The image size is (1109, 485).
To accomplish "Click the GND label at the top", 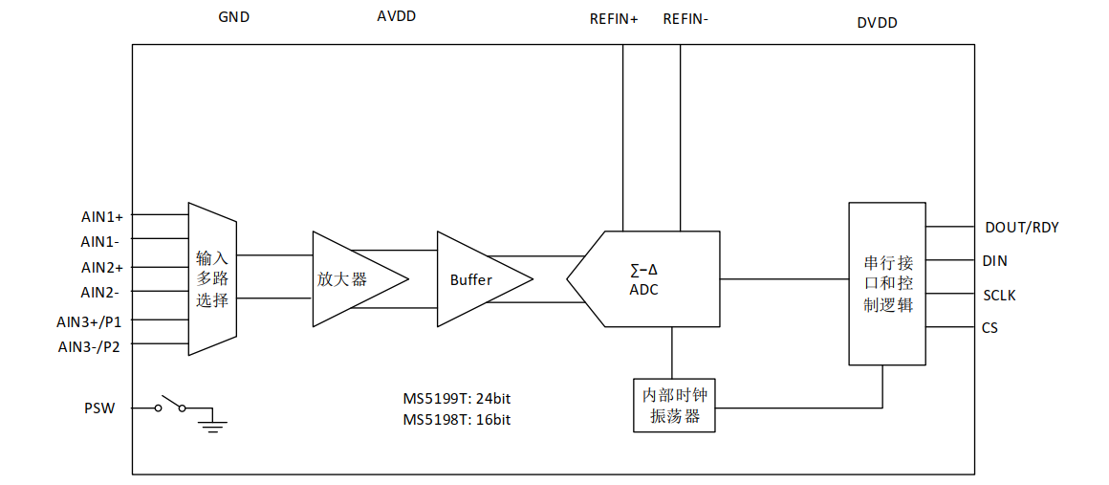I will coord(233,16).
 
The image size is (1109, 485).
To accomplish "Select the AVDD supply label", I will coord(397,16).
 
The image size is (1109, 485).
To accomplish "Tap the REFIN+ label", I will coord(614,18).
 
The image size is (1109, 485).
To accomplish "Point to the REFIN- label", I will coord(685,18).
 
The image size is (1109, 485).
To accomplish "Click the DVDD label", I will coord(877,23).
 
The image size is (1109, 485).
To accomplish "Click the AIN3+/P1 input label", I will coord(96,321).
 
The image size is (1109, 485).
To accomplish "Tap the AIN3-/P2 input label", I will coord(94,346).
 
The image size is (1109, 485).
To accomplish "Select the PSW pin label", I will coord(99,408).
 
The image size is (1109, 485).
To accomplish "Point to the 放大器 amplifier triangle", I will coord(350,279).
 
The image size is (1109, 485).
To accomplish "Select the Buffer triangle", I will coord(475,279).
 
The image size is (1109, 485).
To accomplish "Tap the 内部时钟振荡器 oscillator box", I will coord(675,406).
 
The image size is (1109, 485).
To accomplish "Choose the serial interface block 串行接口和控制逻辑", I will coord(887,283).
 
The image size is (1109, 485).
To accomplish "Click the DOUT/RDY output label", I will coord(1021,228).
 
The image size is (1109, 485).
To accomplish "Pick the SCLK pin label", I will coord(999,295).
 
